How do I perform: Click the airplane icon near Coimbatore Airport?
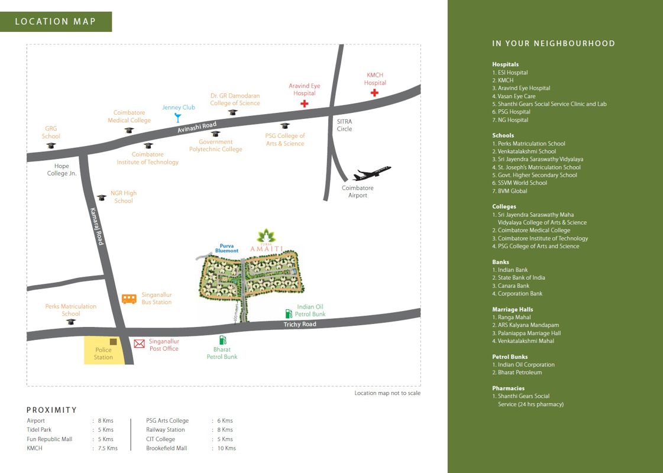(x=371, y=173)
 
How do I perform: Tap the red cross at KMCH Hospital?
(x=374, y=93)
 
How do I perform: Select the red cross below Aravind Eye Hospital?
(x=304, y=103)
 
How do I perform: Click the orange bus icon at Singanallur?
(x=129, y=299)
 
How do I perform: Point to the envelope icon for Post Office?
(x=139, y=344)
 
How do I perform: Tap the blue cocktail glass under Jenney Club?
(x=178, y=118)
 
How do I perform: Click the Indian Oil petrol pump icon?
(x=289, y=313)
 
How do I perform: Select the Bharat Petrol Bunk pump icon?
(x=222, y=339)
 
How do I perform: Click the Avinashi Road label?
(x=197, y=127)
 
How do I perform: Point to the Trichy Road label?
(x=300, y=324)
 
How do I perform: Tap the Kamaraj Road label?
(x=97, y=226)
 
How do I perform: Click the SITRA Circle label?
(x=344, y=125)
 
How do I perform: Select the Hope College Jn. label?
(x=62, y=170)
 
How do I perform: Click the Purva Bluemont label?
(x=227, y=248)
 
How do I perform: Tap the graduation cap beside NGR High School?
(x=102, y=197)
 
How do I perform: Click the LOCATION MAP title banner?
(x=56, y=21)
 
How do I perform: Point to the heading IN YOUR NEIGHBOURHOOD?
(x=554, y=44)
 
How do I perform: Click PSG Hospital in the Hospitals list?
(x=511, y=112)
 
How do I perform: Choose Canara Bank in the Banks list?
(x=511, y=286)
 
